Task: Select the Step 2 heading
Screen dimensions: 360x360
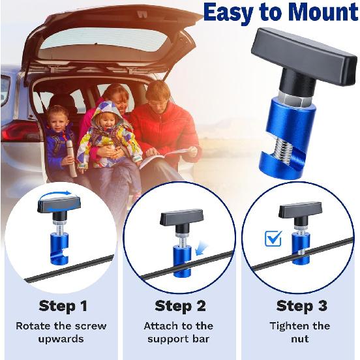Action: (180, 305)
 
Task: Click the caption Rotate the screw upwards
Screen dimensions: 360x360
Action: (61, 333)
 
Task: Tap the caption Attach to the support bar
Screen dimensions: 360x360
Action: (180, 333)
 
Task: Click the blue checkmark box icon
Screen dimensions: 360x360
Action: (273, 239)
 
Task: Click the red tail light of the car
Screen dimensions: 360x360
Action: (18, 131)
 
